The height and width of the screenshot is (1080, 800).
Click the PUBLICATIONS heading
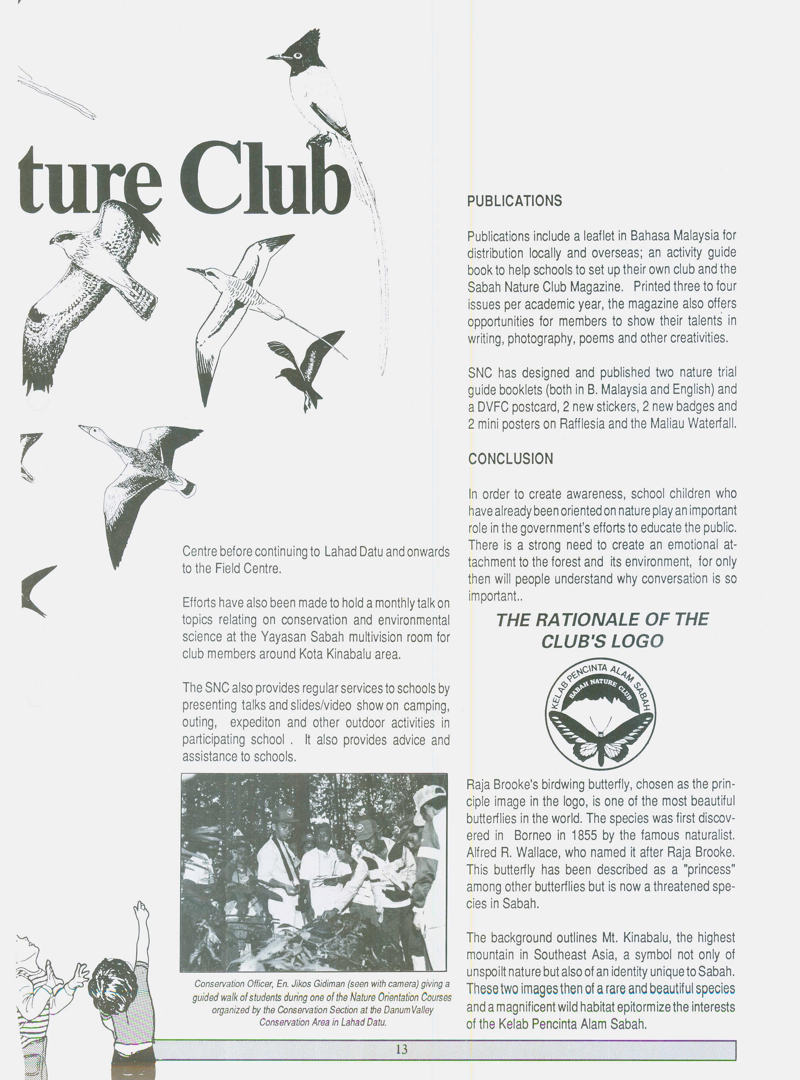(x=514, y=201)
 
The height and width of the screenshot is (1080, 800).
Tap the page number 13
(x=402, y=1049)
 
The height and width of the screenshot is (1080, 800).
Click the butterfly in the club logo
(x=601, y=738)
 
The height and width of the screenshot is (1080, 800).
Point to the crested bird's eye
(x=297, y=55)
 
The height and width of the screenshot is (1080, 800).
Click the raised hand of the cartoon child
(x=141, y=908)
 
